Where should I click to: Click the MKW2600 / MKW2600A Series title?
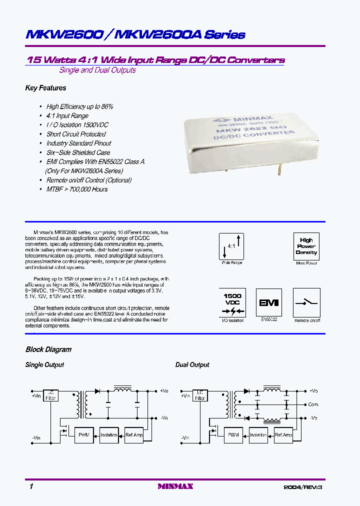click(135, 34)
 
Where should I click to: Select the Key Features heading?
click(45, 88)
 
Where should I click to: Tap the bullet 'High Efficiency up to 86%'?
click(79, 106)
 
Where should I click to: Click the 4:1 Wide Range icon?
click(231, 245)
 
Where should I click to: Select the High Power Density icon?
click(306, 245)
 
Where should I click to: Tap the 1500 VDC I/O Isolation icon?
click(232, 302)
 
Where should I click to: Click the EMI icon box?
click(268, 302)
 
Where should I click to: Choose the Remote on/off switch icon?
click(306, 302)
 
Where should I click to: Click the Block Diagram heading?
click(48, 349)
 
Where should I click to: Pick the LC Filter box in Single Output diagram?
click(51, 395)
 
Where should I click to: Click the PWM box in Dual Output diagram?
click(233, 435)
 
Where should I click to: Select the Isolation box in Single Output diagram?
click(108, 435)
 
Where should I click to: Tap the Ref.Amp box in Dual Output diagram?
click(283, 435)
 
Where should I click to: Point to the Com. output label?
click(313, 404)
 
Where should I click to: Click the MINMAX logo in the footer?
click(175, 486)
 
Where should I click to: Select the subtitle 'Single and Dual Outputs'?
click(97, 70)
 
